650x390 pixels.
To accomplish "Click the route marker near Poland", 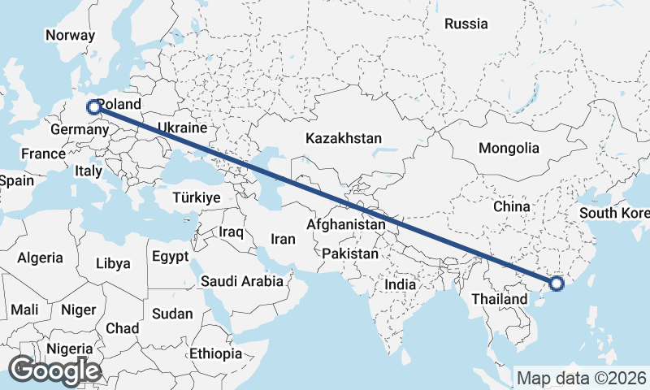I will [93, 106].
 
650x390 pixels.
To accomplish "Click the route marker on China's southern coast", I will [557, 284].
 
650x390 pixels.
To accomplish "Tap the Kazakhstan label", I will [344, 139].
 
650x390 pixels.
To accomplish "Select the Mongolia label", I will [509, 149].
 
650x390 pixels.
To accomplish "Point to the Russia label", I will [466, 24].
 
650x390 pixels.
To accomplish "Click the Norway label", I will [70, 36].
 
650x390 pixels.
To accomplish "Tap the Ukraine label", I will [182, 128].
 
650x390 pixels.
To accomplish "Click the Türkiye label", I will [197, 198].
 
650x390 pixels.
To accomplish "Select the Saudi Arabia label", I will [242, 282].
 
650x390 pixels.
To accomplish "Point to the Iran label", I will [282, 239].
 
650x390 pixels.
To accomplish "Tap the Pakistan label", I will [350, 253].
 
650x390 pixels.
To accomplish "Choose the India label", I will [400, 285].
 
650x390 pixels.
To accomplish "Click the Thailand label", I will [500, 299].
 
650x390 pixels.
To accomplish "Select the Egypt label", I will [170, 256].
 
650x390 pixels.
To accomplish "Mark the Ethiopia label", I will [215, 354].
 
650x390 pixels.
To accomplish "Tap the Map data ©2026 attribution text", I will [582, 378].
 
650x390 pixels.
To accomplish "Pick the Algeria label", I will [41, 258].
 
